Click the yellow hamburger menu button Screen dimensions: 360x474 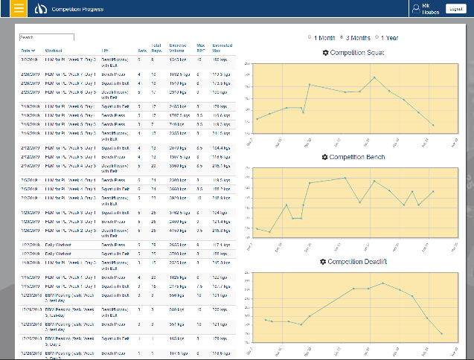[14, 9]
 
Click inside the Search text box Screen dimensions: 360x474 [46, 36]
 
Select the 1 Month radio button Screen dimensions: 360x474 [310, 37]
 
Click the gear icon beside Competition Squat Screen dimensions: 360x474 [325, 53]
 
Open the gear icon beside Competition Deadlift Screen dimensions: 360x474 [321, 262]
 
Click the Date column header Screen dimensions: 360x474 [27, 50]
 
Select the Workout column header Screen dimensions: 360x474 [54, 50]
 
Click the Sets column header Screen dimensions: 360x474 [142, 50]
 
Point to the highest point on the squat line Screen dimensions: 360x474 [374, 77]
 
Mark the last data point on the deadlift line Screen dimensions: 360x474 [441, 334]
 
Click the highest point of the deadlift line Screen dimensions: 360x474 [382, 283]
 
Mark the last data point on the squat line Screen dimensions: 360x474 [433, 125]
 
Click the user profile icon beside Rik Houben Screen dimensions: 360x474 [416, 8]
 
